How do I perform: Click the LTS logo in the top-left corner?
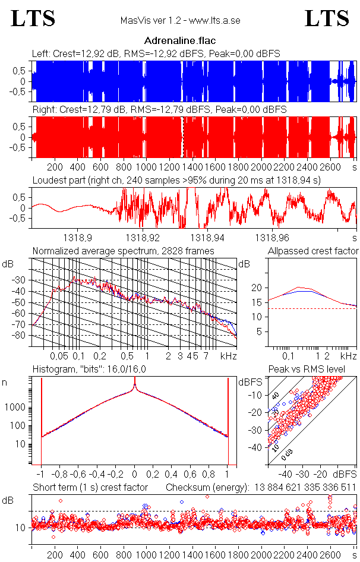click(33, 18)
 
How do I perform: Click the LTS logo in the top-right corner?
click(327, 18)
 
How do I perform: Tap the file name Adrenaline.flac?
click(180, 41)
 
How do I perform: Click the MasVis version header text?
click(180, 21)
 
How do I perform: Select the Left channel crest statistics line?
click(156, 53)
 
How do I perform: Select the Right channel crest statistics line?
click(159, 110)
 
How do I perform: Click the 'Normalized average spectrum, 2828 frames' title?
click(123, 251)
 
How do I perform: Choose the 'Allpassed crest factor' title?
click(313, 251)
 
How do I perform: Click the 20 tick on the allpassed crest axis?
click(257, 288)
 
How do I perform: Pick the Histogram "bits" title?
click(89, 370)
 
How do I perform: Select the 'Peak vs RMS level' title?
click(315, 370)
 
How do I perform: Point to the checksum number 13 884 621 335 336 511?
click(305, 488)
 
